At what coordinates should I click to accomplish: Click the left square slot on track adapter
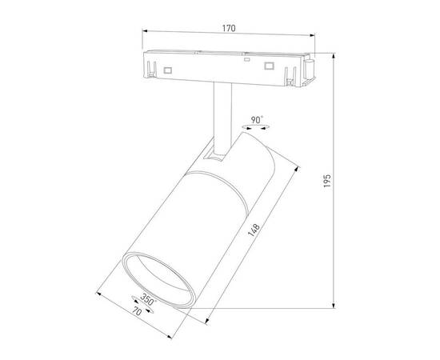point(169,70)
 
